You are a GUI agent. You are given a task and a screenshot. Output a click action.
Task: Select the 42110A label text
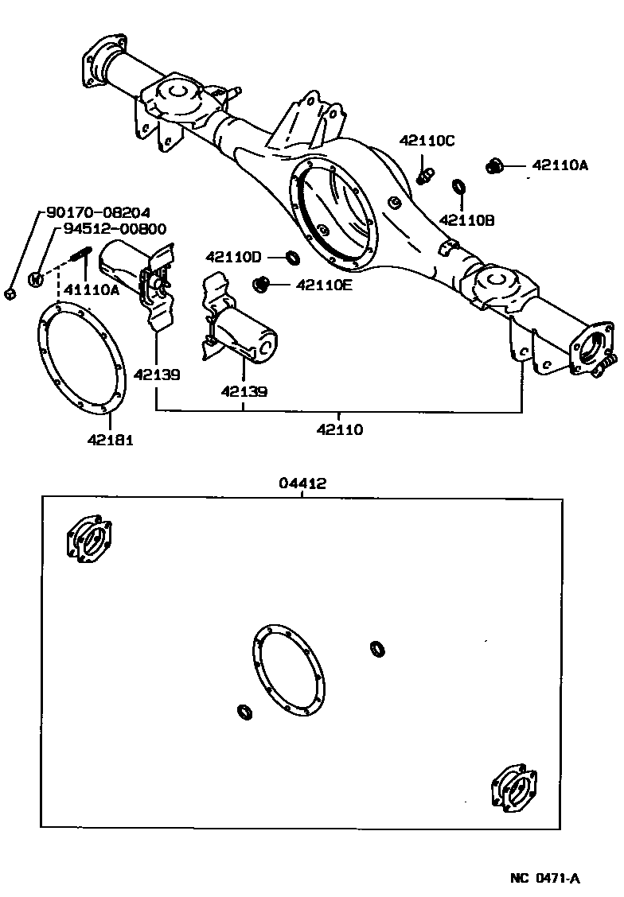pos(560,165)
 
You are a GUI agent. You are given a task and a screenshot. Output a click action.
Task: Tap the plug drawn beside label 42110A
pos(493,165)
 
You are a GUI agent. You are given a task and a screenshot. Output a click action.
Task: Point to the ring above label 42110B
pos(459,187)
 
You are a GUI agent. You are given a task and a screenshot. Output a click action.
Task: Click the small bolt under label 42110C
pos(427,172)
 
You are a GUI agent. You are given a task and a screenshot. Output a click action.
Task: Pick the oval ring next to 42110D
pos(294,257)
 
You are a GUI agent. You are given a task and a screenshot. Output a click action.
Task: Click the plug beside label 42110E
pos(260,283)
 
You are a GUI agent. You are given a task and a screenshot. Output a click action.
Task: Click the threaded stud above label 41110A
pos(81,258)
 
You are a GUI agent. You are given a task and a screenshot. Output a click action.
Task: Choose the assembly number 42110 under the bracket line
pos(340,430)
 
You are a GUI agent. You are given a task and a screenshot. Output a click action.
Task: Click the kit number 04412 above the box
pos(302,483)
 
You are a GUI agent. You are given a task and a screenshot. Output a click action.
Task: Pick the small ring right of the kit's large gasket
pos(379,649)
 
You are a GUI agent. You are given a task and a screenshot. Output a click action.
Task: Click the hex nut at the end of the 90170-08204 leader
pos(10,293)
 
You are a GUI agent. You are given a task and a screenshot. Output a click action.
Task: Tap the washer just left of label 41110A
pos(36,278)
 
